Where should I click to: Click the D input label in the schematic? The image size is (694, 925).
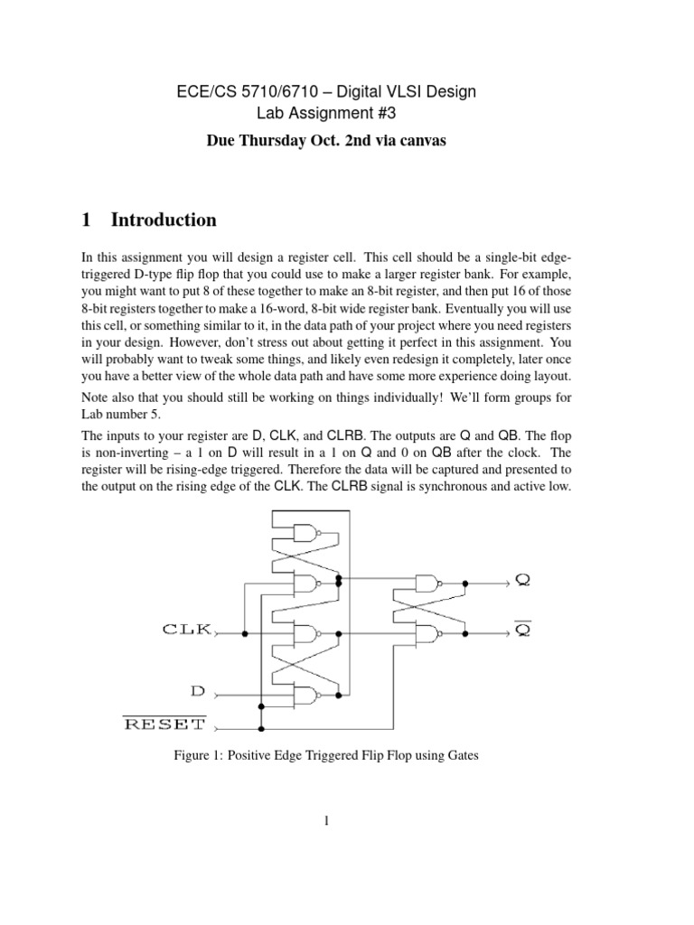[198, 693]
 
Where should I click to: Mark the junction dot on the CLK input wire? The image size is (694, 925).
[246, 635]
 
